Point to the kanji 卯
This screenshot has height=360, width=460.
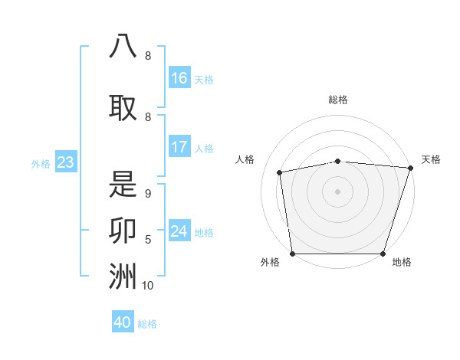click(123, 231)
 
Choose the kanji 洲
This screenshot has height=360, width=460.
click(123, 277)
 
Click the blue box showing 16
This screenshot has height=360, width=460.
click(179, 77)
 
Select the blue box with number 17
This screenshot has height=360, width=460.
click(179, 147)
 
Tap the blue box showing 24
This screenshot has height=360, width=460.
click(179, 231)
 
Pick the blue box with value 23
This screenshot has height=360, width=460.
click(65, 162)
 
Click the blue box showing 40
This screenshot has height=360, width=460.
click(123, 322)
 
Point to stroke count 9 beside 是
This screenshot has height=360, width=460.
click(148, 195)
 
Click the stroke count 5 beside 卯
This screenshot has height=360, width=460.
click(148, 241)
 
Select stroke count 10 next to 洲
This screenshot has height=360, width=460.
click(148, 286)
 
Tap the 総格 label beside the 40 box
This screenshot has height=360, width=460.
click(147, 324)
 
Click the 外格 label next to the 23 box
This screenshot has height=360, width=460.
click(41, 164)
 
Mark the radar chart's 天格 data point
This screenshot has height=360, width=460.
click(410, 168)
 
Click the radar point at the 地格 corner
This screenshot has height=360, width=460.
click(383, 254)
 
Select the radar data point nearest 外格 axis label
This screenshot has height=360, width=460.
click(292, 254)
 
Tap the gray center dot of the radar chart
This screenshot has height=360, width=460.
click(337, 191)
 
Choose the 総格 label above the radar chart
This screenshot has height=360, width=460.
click(338, 100)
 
